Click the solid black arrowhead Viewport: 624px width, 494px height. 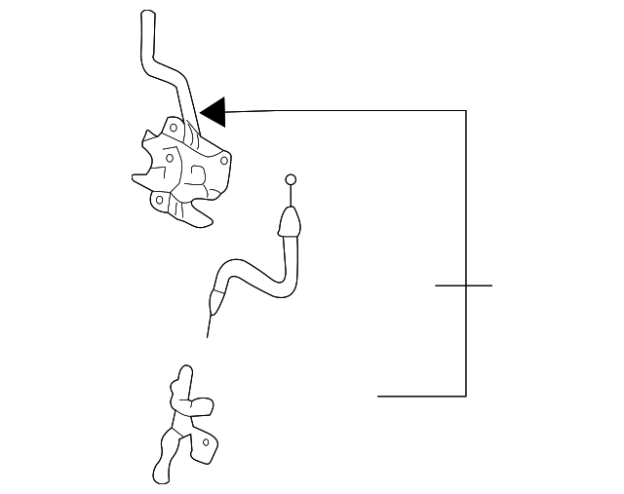pos(214,112)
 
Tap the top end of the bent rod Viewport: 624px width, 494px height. pos(148,16)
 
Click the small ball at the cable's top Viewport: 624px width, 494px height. pos(290,179)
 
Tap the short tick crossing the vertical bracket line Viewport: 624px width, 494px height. pos(464,285)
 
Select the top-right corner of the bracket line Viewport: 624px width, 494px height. pos(465,111)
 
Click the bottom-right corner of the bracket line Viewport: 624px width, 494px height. pos(465,396)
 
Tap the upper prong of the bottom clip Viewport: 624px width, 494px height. pos(181,374)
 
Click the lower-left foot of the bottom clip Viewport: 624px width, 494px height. pos(160,475)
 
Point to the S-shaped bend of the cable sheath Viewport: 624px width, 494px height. pos(244,268)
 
